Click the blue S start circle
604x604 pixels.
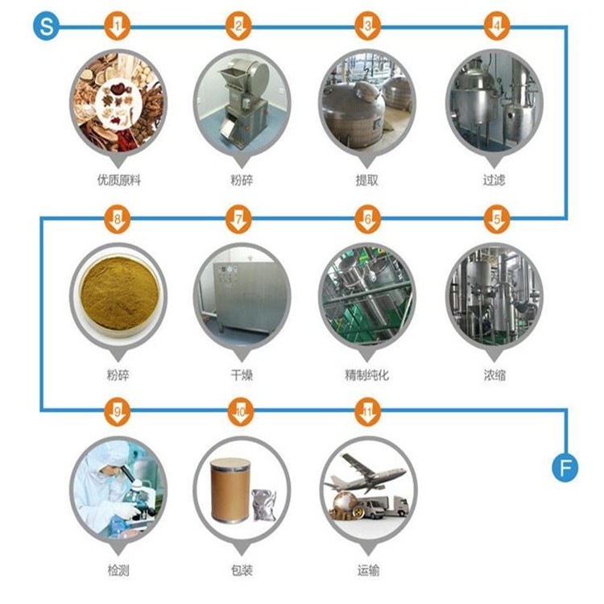[46, 27]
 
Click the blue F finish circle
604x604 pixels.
[565, 469]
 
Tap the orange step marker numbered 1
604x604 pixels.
[117, 27]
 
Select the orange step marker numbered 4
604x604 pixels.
[497, 27]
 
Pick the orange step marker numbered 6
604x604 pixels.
[368, 220]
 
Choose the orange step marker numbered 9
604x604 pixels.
[117, 412]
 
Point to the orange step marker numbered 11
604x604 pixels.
[368, 412]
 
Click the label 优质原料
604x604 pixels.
[118, 180]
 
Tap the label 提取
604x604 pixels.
[366, 180]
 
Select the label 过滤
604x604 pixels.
[494, 180]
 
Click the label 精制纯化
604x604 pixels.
[366, 374]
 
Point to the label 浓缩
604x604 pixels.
[494, 374]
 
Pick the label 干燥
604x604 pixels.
[242, 374]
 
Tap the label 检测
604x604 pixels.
[118, 570]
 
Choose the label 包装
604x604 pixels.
[242, 570]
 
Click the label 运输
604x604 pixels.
[368, 570]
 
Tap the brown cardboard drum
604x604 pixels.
[230, 490]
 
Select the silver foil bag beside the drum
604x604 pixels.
[264, 505]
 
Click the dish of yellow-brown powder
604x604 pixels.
[118, 296]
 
